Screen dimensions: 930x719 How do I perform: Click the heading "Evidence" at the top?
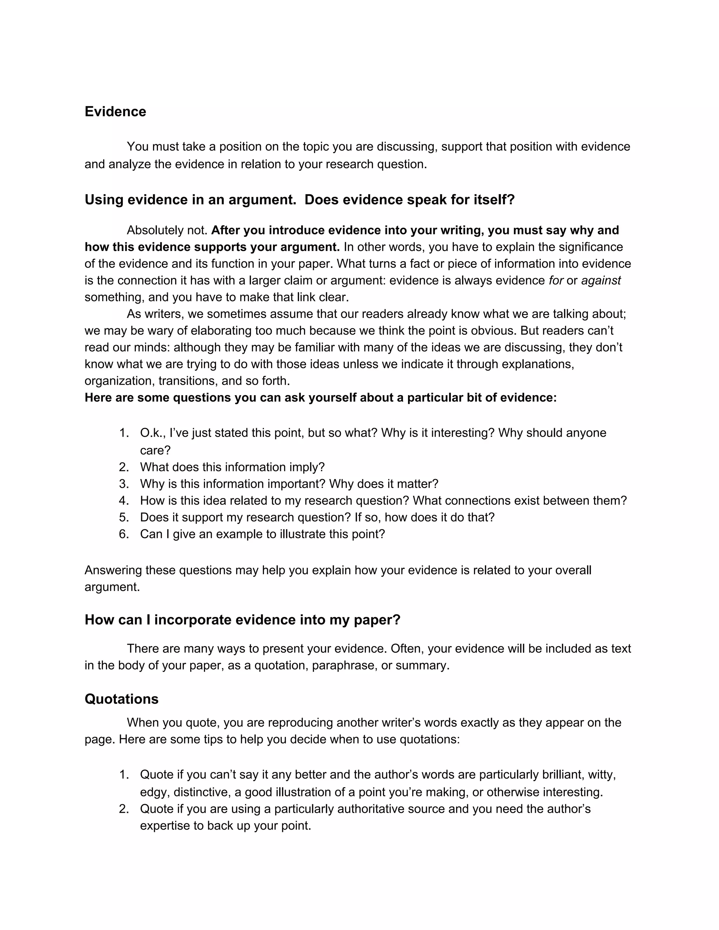[x=115, y=112]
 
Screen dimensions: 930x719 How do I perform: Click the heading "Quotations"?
[x=121, y=699]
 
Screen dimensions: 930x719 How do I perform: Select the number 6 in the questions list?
[x=124, y=534]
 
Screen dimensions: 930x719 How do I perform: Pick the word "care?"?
[x=155, y=450]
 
